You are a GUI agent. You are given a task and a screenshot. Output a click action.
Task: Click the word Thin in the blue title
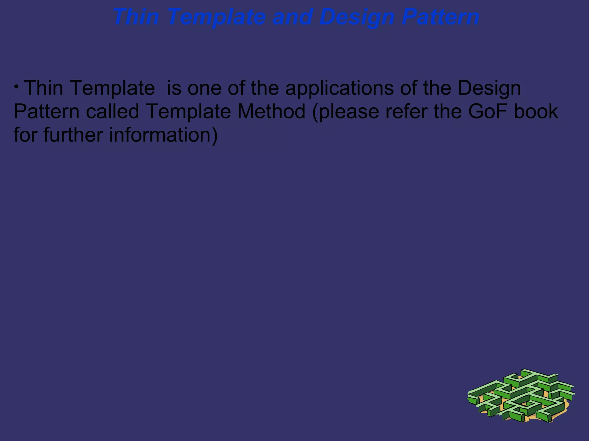pos(135,17)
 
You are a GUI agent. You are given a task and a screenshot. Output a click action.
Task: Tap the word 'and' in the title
pos(292,17)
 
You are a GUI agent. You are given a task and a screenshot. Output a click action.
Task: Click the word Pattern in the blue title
pos(440,17)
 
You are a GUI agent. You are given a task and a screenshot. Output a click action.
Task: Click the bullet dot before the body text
pos(17,86)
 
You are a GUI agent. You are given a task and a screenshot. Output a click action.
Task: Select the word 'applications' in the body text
pos(339,88)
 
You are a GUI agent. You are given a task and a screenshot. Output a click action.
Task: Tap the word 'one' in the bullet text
pos(204,88)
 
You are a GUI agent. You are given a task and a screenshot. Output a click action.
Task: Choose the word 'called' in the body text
pos(112,111)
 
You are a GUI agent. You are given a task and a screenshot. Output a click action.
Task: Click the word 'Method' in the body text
pos(271,111)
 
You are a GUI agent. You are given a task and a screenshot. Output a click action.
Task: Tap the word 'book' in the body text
pos(536,111)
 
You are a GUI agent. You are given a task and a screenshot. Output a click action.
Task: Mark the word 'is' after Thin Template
pos(174,88)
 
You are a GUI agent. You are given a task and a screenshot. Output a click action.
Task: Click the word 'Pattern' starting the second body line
pos(47,111)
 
